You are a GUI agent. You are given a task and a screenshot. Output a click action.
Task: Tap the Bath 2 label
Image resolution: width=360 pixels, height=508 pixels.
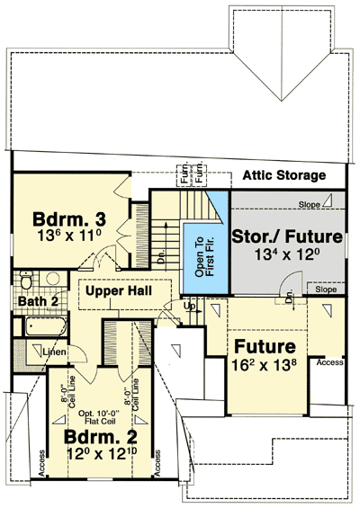[x=37, y=301]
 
